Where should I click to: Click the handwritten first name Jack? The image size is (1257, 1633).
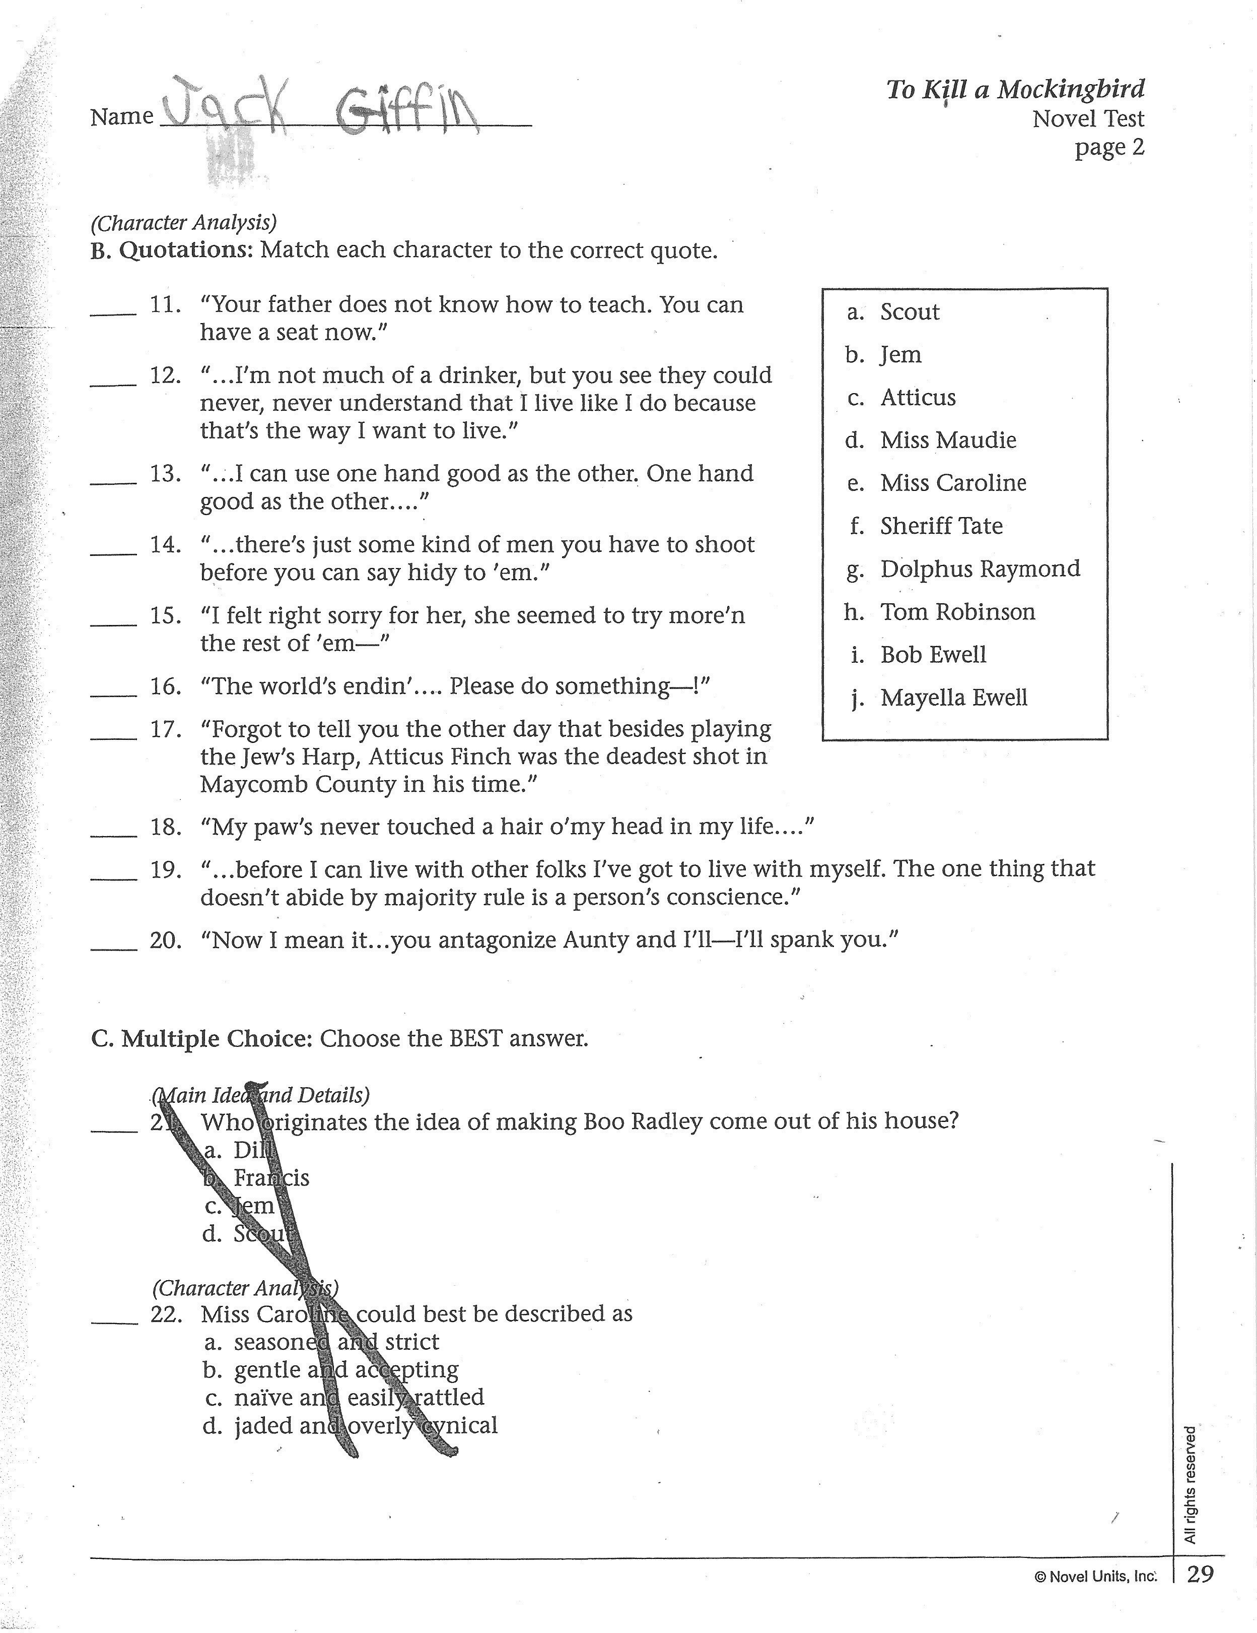click(x=224, y=108)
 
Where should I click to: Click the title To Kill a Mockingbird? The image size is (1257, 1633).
click(x=1015, y=90)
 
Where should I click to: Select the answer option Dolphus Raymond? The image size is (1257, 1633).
click(x=980, y=569)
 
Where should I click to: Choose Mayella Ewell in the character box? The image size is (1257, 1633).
click(x=954, y=698)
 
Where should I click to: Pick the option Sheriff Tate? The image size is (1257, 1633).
click(x=941, y=526)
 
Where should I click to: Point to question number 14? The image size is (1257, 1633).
click(x=165, y=544)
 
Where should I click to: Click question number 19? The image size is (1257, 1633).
click(x=165, y=869)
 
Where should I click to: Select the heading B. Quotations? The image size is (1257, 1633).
click(x=172, y=249)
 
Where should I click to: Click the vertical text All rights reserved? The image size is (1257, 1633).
click(x=1191, y=1484)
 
